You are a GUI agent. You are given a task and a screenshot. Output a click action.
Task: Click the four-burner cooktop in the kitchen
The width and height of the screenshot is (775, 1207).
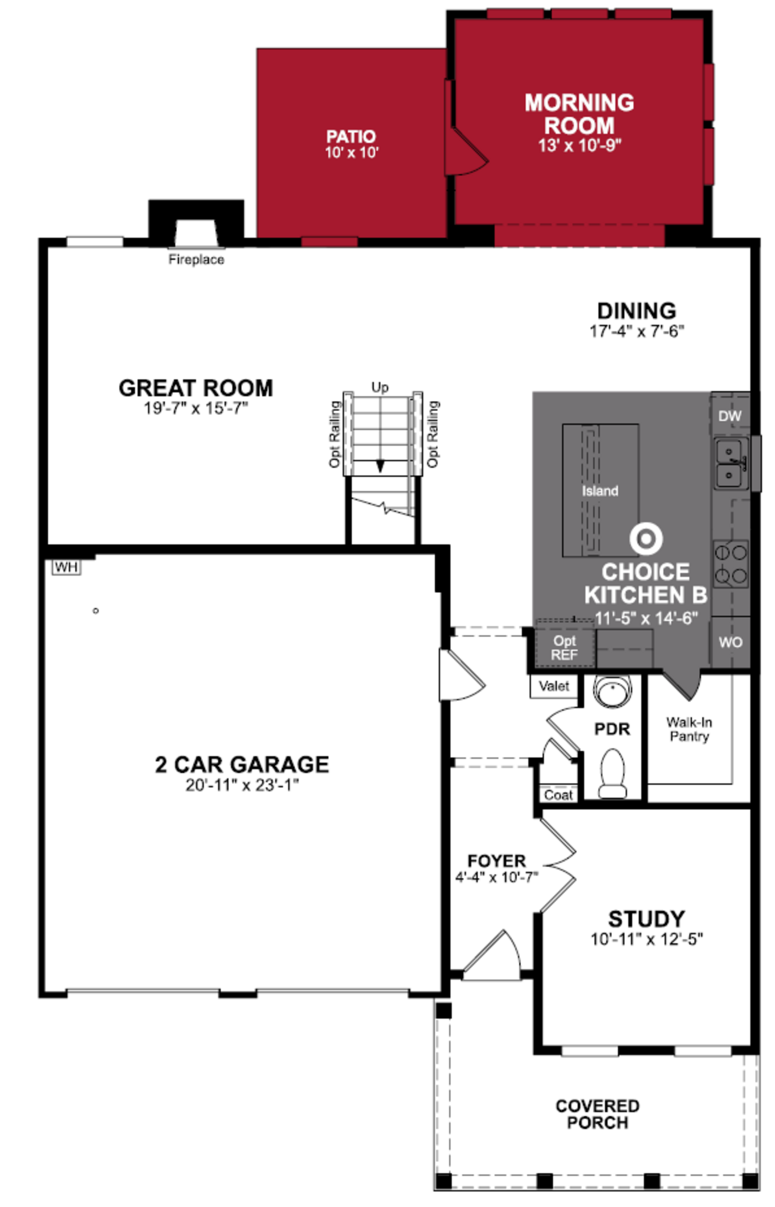(x=731, y=564)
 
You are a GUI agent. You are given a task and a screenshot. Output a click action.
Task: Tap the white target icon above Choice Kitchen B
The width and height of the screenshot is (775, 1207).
(x=646, y=538)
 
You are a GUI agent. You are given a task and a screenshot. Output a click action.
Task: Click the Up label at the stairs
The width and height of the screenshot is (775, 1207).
(x=380, y=387)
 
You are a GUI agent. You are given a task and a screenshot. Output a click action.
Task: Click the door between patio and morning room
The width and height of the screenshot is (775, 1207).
(x=465, y=151)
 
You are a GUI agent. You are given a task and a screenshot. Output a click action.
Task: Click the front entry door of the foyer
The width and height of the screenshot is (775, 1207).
(x=493, y=957)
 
